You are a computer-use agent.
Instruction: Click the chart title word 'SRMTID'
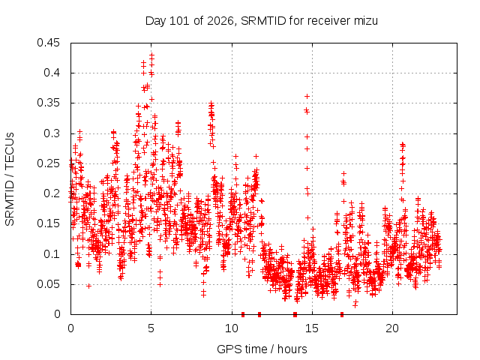[x=263, y=21]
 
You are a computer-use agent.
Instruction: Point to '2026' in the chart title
[x=220, y=21]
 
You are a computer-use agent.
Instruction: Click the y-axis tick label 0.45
[x=48, y=43]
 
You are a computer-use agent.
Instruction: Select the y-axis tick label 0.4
[x=52, y=73]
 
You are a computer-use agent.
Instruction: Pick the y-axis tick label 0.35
[x=48, y=103]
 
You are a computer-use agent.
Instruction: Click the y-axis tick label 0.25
[x=48, y=163]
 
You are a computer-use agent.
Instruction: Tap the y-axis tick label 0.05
[x=48, y=284]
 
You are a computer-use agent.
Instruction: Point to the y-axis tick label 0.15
[x=48, y=223]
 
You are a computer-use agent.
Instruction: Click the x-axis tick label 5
[x=151, y=328]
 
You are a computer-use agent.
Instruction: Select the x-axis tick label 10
[x=232, y=328]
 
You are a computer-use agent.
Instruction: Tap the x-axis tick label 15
[x=312, y=328]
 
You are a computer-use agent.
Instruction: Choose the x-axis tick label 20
[x=392, y=328]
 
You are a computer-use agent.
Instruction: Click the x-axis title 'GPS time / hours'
[x=262, y=349]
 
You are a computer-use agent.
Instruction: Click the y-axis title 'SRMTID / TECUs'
[x=10, y=179]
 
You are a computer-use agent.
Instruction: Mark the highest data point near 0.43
[x=151, y=55]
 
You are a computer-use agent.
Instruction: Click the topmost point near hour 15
[x=307, y=97]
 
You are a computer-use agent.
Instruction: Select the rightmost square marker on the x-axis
[x=342, y=314]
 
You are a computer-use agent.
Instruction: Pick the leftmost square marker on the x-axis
[x=243, y=314]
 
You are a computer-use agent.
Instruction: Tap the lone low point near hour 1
[x=88, y=286]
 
